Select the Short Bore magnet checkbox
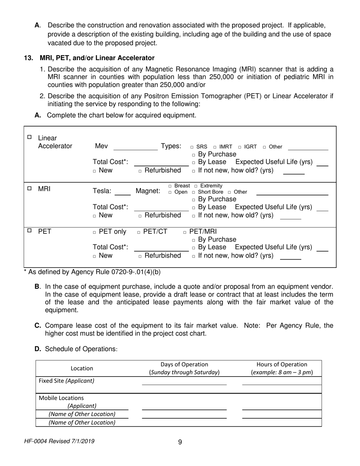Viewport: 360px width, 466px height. [188, 192]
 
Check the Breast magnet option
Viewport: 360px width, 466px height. [170, 186]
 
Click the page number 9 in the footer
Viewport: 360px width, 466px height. [180, 442]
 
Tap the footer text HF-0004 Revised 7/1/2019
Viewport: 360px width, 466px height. [59, 441]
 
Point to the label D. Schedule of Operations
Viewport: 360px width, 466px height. [76, 349]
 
